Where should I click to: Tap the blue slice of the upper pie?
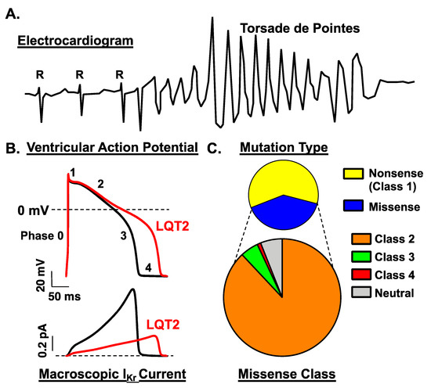tap(284, 210)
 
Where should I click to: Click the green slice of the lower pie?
tap(255, 255)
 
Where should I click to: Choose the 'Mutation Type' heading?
tap(284, 147)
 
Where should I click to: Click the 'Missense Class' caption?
tap(284, 374)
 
